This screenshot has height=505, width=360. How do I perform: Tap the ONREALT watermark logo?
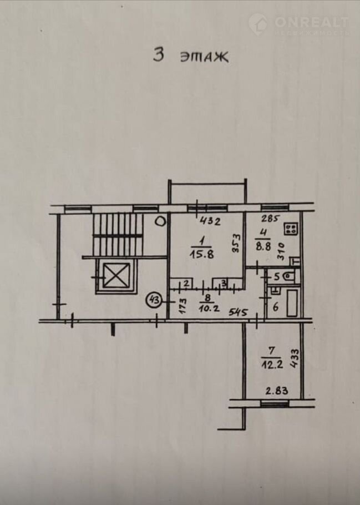(x=299, y=24)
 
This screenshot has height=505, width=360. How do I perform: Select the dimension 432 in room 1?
(x=210, y=222)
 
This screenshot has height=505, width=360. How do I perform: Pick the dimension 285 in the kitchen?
(x=261, y=218)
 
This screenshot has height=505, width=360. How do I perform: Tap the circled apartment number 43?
(x=154, y=300)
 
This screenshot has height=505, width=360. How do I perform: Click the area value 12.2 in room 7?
(x=270, y=364)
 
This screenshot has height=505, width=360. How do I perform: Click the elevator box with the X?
(x=114, y=275)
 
